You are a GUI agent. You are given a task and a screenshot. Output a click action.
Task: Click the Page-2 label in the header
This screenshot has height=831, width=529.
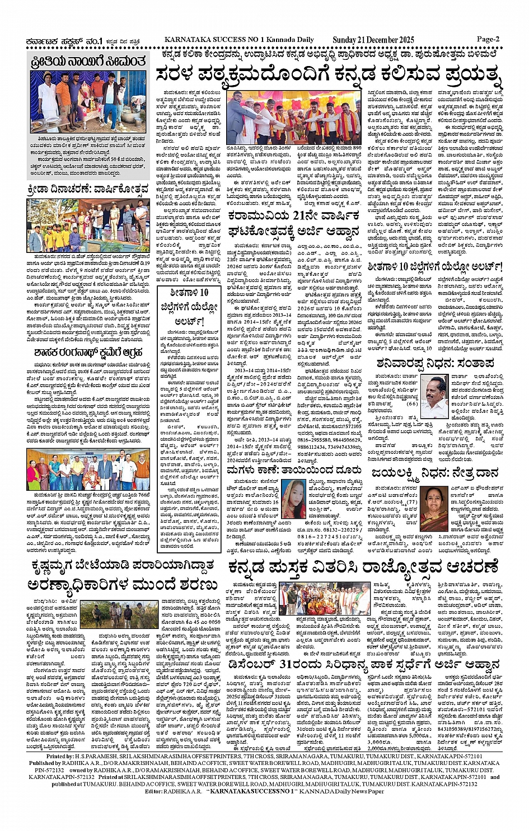[x=488, y=39]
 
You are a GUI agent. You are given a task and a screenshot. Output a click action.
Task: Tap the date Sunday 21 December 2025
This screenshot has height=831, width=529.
[x=373, y=40]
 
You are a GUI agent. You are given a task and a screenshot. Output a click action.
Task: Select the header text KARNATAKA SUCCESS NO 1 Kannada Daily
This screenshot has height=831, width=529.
[x=239, y=40]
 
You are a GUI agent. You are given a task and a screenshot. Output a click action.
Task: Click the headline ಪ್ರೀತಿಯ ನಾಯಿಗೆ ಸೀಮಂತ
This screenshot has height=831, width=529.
[x=90, y=61]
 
